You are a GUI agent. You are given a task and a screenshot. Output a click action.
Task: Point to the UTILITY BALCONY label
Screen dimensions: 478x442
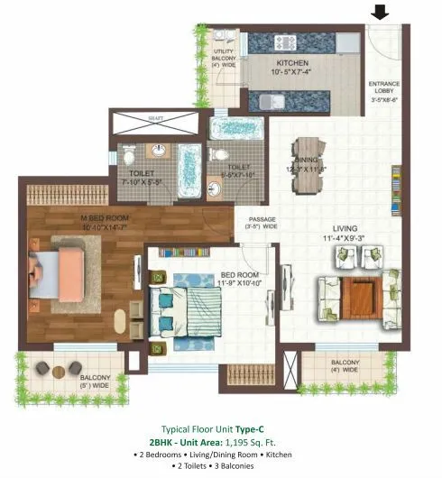(224, 58)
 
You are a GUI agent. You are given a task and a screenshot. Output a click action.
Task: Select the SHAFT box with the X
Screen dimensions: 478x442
(154, 117)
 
